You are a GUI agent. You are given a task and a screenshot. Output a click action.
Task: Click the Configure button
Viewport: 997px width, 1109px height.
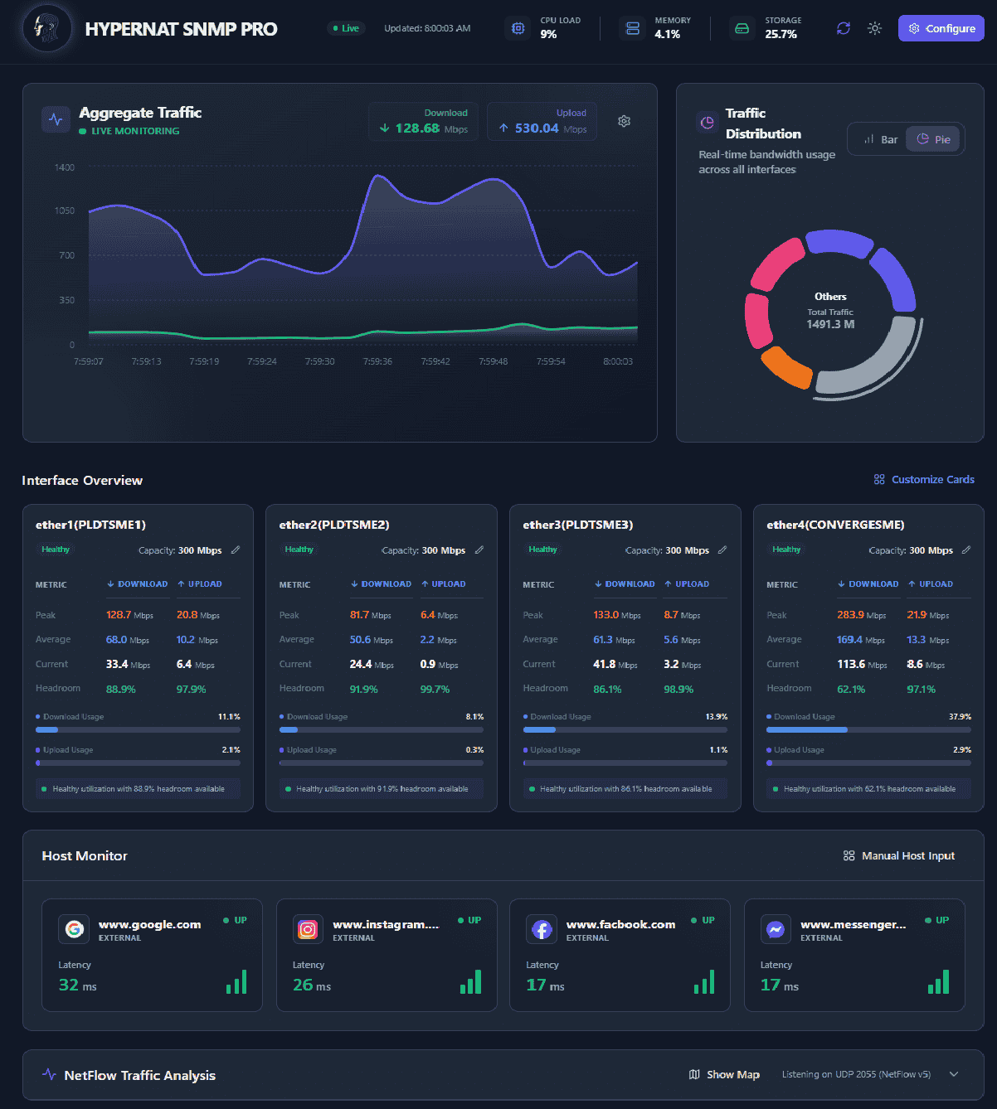(x=941, y=28)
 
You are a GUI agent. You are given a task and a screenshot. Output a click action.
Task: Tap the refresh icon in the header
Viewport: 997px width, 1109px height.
(x=843, y=28)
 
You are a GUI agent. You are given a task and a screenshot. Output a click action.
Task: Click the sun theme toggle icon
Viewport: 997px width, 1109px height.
(x=874, y=28)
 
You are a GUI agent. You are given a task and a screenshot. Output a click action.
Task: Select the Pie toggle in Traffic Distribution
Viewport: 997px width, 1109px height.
(x=933, y=139)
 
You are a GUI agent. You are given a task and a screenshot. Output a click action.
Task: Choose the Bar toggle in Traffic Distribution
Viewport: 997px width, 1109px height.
(x=880, y=139)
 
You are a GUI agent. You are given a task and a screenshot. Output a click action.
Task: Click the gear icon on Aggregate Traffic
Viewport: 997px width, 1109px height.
(x=624, y=121)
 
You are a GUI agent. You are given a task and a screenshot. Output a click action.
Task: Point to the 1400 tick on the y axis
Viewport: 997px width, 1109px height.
(x=65, y=167)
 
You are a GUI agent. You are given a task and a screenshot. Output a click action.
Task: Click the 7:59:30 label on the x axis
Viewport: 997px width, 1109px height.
(x=319, y=361)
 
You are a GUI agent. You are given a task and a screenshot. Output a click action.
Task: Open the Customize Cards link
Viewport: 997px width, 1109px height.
(x=924, y=479)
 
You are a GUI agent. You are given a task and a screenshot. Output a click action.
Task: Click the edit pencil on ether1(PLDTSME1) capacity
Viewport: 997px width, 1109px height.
(x=236, y=550)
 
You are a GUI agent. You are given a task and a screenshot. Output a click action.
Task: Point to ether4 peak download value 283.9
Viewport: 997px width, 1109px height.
(x=850, y=615)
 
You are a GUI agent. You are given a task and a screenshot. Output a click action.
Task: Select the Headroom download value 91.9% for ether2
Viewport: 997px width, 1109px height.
(x=363, y=689)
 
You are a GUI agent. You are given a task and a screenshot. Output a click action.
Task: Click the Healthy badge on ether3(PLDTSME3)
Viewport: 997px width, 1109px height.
(x=542, y=550)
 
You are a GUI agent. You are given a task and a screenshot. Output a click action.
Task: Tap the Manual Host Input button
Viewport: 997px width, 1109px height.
(x=899, y=855)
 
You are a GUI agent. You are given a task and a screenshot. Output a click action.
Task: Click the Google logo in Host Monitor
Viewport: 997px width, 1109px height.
(x=74, y=929)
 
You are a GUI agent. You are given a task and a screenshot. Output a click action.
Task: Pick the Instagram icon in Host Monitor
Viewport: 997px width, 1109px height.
(x=308, y=929)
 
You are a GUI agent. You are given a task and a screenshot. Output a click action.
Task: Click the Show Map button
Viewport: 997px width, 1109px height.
(x=724, y=1074)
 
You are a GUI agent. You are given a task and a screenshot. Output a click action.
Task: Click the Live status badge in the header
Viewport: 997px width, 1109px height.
(x=346, y=28)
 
